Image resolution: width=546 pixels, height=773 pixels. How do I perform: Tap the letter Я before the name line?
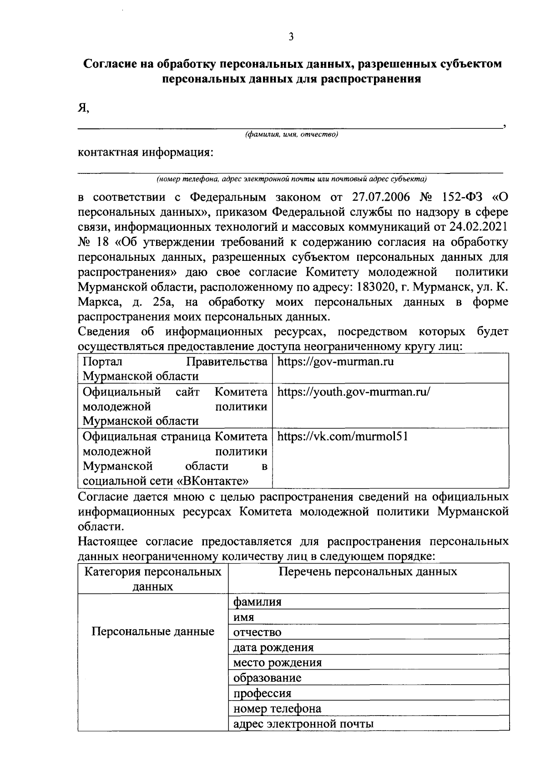pos(82,108)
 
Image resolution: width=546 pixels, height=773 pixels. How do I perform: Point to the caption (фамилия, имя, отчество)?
pos(291,135)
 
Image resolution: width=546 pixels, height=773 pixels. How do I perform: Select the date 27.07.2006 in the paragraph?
pos(381,197)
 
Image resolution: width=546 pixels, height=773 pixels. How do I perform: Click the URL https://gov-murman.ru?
pos(335,362)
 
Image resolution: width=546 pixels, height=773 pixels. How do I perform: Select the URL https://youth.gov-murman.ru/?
pos(354,392)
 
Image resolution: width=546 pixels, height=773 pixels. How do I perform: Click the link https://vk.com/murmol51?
pos(342,437)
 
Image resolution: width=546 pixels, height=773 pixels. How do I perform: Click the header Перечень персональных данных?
pos(368,572)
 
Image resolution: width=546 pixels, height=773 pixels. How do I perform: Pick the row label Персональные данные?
pos(153,632)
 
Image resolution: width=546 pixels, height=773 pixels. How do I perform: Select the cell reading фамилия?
pos(257,602)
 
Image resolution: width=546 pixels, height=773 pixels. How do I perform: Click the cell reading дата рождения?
pos(273,647)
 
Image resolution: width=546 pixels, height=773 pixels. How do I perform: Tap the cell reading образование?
pos(267,678)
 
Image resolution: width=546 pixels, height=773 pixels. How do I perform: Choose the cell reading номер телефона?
pos(277,708)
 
